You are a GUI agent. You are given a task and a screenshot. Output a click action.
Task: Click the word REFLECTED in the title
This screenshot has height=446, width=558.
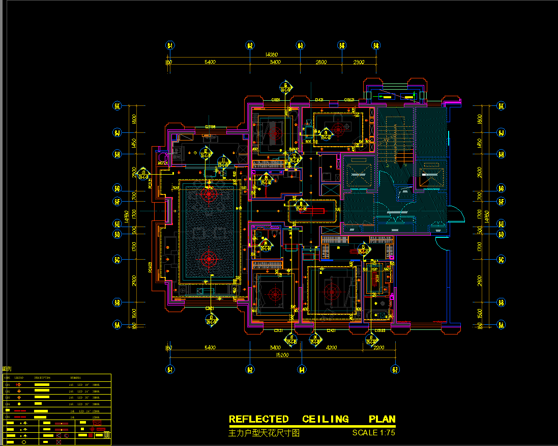coord(258,420)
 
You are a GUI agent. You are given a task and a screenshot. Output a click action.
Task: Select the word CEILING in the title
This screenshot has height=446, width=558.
coord(326,420)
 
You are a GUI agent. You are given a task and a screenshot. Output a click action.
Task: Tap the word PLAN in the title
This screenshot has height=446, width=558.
coord(382,420)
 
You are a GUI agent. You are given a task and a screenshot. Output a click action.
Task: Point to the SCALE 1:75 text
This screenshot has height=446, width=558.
coord(373,433)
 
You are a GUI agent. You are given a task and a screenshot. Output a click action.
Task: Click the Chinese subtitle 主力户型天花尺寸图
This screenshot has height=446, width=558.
coord(264,434)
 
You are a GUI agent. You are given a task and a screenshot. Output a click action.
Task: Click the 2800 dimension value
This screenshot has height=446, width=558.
coord(320,62)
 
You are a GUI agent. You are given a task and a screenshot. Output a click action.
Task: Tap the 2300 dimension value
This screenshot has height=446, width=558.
coord(359,62)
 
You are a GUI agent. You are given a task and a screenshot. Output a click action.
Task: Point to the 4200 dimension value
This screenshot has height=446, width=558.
coord(331,348)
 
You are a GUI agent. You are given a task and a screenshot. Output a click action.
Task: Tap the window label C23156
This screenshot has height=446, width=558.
coord(211,127)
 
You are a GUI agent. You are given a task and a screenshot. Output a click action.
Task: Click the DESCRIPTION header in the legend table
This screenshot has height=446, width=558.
coord(42,378)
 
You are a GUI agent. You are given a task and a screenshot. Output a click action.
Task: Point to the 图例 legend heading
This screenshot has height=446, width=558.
coord(7,369)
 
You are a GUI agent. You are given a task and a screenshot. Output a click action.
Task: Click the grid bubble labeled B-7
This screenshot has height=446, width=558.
coord(394,370)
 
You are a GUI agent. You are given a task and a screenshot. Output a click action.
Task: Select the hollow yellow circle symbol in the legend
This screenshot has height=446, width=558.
coord(23,442)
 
